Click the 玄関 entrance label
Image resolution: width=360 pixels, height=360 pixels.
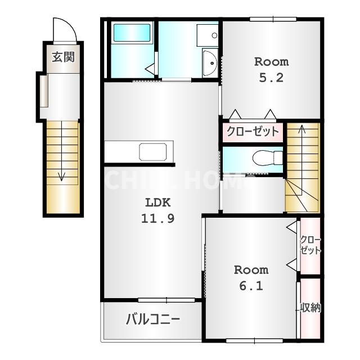(64, 57)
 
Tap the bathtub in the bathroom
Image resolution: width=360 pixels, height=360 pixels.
(132, 33)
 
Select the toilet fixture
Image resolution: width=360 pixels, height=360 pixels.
(268, 157)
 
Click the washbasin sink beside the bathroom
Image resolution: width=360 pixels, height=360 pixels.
(210, 62)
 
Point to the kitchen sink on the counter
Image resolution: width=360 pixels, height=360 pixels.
(152, 152)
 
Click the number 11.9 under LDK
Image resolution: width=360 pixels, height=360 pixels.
(157, 218)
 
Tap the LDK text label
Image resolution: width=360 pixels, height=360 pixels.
(158, 202)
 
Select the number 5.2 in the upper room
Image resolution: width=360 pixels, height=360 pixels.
(271, 78)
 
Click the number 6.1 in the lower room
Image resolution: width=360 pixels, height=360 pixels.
(251, 286)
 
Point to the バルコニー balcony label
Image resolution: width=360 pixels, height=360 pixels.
(153, 319)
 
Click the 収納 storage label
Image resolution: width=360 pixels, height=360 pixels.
(310, 308)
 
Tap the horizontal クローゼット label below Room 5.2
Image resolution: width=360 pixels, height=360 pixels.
(253, 132)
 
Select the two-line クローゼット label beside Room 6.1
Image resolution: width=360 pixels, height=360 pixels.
(310, 245)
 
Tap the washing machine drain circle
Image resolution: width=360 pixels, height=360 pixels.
(215, 35)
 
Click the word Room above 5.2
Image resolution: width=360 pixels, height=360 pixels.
(271, 62)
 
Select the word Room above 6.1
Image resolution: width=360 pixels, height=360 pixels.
(251, 270)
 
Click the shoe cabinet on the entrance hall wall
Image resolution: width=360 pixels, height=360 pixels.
(44, 91)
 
